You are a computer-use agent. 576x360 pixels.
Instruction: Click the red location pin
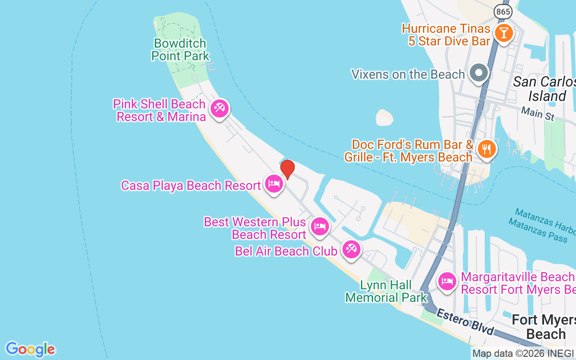pos(288,169)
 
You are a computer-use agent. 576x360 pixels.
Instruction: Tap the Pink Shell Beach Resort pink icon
pos(220,108)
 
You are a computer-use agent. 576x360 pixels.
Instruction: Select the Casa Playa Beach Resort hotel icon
pos(274,184)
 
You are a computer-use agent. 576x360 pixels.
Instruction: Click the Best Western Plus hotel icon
pos(320,226)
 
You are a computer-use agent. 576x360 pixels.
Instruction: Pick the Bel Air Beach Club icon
pos(351,248)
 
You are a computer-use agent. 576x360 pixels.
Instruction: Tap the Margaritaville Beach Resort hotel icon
pos(447,282)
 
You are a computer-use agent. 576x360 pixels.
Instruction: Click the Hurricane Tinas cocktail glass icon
pos(503,33)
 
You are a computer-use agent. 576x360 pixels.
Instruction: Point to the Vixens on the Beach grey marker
pos(479,72)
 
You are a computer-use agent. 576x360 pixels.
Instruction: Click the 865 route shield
pos(503,12)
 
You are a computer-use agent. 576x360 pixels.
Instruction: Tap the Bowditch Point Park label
pos(180,49)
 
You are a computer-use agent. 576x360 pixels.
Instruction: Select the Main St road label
pos(537,113)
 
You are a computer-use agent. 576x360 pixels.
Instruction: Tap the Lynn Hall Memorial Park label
pos(386,291)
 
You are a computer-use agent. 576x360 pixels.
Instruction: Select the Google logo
pos(30,349)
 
